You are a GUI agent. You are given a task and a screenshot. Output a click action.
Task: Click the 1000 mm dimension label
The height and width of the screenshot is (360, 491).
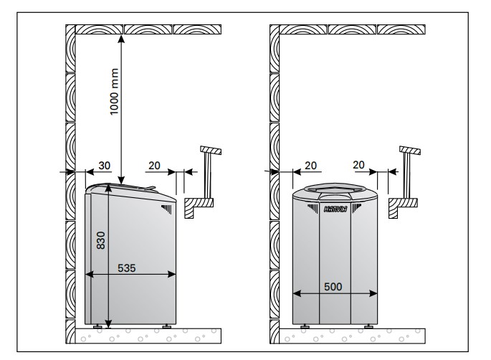click(x=114, y=92)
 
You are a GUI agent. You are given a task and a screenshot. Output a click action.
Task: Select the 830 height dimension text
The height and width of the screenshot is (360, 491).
click(x=101, y=240)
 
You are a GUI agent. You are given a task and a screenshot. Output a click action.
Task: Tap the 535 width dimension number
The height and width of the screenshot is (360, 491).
click(x=126, y=268)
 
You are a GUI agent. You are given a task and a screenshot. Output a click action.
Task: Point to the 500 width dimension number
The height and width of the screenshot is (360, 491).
click(x=333, y=287)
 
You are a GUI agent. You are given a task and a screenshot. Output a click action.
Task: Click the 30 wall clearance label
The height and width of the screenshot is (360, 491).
click(x=104, y=166)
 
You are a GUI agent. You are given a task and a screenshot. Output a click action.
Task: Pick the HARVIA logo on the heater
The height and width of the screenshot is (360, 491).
click(x=335, y=209)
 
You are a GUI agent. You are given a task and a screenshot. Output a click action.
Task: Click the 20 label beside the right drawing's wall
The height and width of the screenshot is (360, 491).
click(x=310, y=166)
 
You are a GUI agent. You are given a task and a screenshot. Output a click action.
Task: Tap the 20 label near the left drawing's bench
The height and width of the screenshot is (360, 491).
click(x=154, y=166)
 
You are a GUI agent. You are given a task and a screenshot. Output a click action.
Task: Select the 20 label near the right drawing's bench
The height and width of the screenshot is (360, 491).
click(x=358, y=165)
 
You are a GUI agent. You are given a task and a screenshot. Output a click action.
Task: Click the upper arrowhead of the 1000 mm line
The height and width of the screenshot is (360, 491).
click(x=121, y=39)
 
